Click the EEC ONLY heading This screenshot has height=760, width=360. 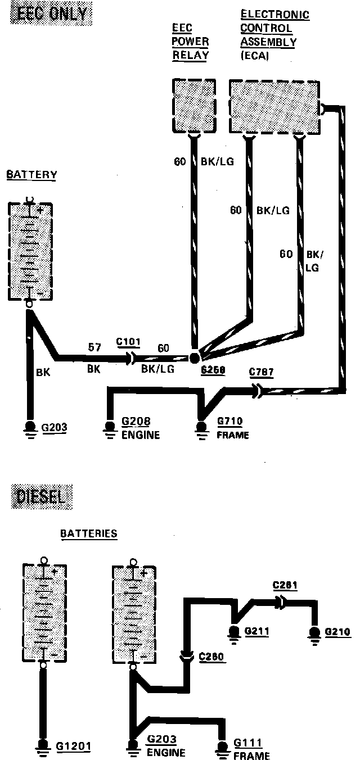tap(51, 13)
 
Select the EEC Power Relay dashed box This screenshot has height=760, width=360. tap(193, 106)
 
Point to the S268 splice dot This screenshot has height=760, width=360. tap(195, 358)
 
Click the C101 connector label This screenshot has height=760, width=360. tap(128, 341)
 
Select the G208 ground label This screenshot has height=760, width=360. tap(136, 422)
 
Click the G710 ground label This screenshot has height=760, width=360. tap(231, 422)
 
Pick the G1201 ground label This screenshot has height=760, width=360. tap(74, 746)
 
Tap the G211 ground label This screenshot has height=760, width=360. tap(256, 631)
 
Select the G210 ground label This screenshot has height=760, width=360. tap(337, 631)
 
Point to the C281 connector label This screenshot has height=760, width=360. tap(285, 585)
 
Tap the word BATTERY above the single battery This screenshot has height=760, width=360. tap(31, 175)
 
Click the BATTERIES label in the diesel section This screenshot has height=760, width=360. tap(89, 533)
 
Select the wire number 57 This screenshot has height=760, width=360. tap(94, 348)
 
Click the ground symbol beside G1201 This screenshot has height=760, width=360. tap(43, 746)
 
